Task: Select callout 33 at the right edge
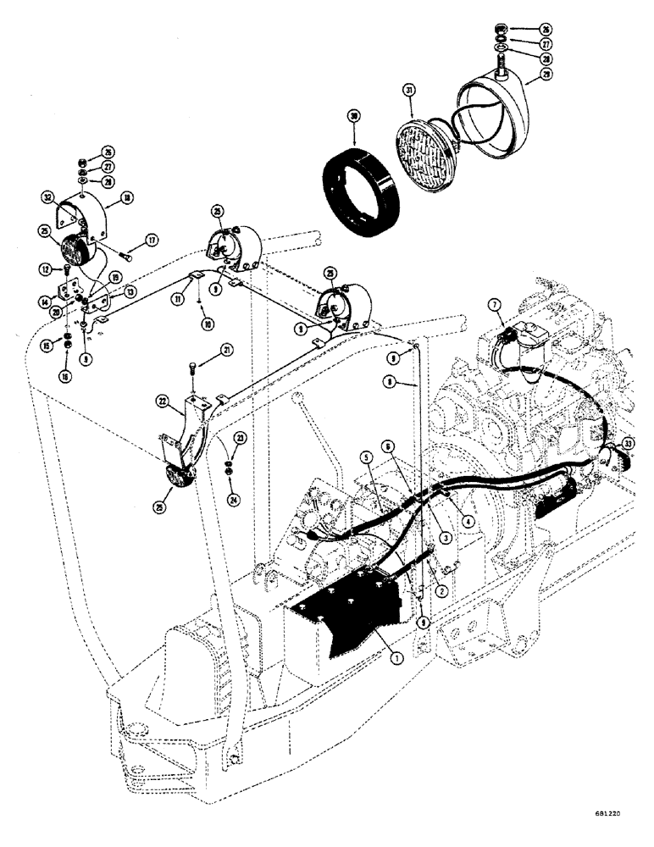627,443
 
